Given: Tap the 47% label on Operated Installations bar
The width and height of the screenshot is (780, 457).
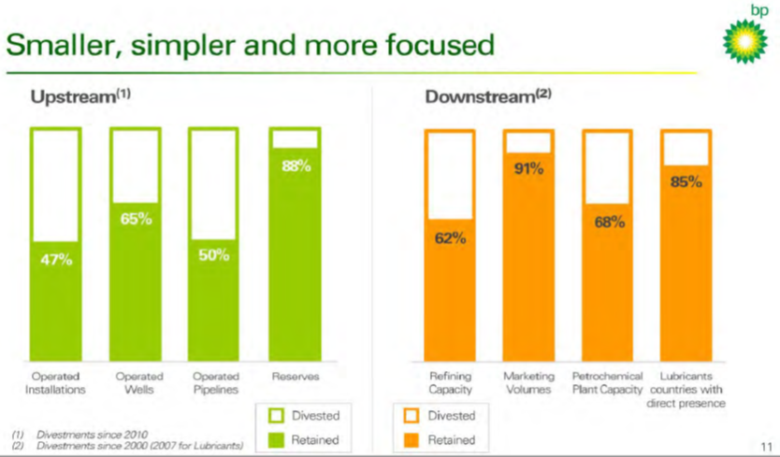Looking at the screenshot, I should [x=56, y=259].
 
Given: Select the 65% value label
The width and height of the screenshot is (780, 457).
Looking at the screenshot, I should [x=136, y=220].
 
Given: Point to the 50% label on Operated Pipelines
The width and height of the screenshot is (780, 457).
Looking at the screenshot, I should [x=213, y=255].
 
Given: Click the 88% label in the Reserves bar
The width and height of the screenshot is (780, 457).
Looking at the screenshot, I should [x=296, y=167].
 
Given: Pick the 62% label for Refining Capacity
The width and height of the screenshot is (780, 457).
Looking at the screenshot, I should [x=450, y=238].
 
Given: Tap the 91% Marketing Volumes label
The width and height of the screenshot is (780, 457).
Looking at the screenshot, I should [x=528, y=170].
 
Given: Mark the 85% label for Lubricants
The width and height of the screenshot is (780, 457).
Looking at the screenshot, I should [x=686, y=182].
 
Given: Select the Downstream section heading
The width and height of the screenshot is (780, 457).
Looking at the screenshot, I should [x=478, y=96].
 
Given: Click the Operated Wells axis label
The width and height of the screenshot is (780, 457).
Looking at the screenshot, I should [x=138, y=383].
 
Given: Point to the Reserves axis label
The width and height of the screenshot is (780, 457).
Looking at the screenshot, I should [x=296, y=377].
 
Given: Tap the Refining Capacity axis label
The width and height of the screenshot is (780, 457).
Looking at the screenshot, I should [x=450, y=383].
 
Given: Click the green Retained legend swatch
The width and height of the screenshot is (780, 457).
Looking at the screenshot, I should [x=276, y=438].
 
